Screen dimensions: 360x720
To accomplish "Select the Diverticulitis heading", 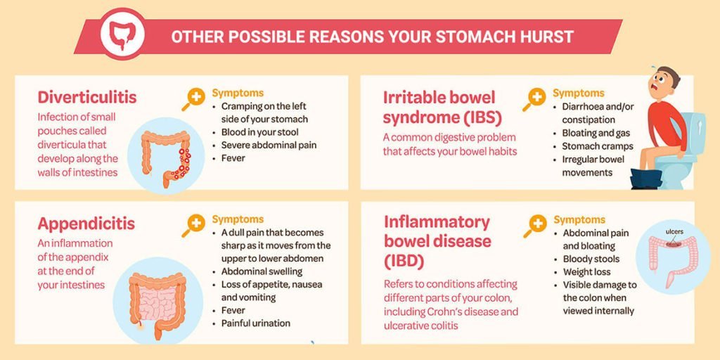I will [x=87, y=97].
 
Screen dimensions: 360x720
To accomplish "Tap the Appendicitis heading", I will [x=86, y=224].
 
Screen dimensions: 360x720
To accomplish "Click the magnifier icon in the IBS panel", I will [x=534, y=99].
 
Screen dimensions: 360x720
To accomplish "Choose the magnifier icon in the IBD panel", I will [x=535, y=225].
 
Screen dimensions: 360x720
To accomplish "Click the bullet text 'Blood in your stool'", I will [x=259, y=132].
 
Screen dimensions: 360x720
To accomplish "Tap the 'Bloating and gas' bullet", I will [x=596, y=133].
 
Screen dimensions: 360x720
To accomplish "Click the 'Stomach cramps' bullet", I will [x=597, y=146].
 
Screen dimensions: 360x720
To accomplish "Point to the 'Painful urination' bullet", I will [x=255, y=323].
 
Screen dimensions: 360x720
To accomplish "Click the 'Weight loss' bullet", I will [x=586, y=272].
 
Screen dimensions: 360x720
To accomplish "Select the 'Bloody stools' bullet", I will [x=591, y=259].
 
